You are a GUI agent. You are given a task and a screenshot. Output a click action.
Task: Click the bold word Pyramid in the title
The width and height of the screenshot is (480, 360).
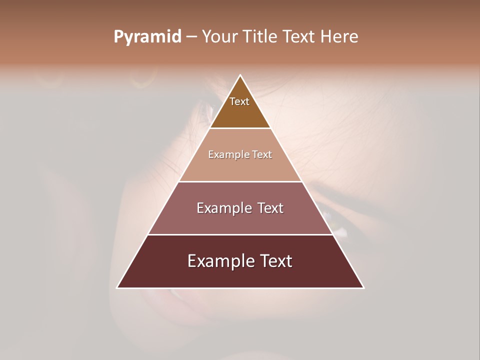click(x=147, y=37)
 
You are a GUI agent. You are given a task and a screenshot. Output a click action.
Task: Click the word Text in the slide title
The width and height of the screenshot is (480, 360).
click(x=300, y=37)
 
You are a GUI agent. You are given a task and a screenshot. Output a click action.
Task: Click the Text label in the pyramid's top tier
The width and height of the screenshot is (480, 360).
click(x=239, y=101)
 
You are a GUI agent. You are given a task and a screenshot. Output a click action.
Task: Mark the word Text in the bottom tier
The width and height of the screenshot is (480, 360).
click(x=274, y=261)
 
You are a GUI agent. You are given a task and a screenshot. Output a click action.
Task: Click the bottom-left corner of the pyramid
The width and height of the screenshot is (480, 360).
click(x=117, y=287)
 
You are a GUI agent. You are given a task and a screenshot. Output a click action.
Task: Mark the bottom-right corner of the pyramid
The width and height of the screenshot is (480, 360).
click(x=363, y=287)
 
